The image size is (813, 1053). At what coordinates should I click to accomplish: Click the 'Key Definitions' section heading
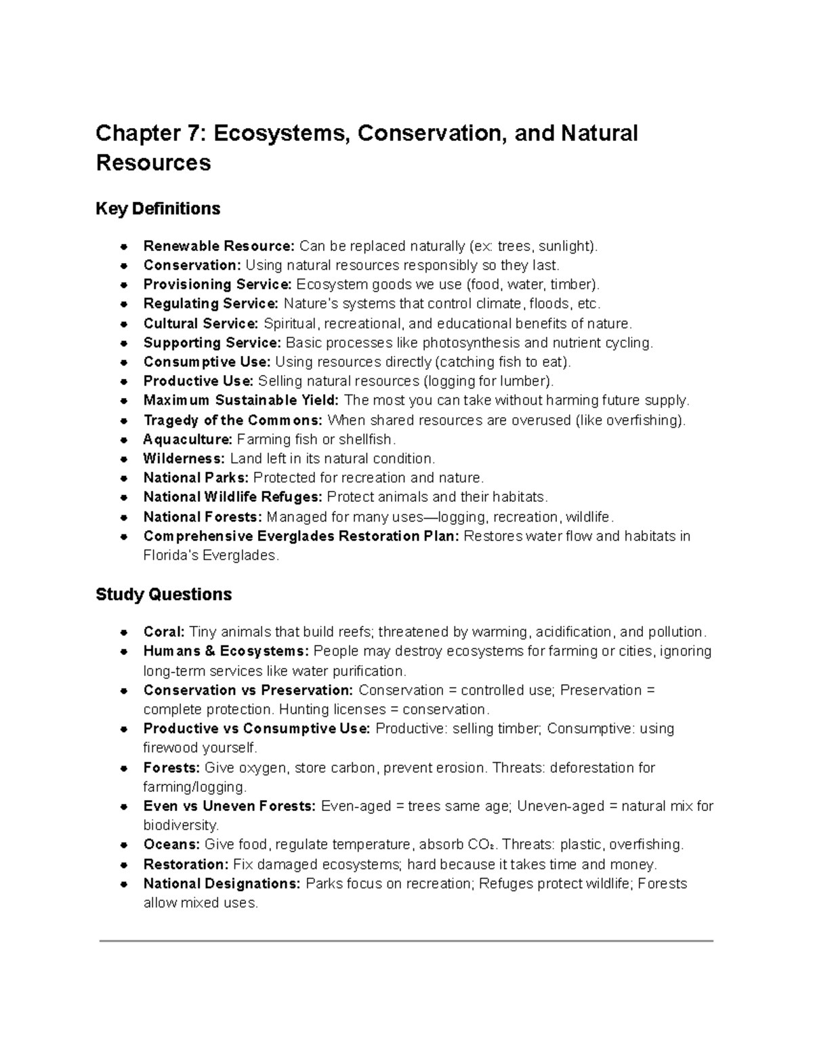(158, 209)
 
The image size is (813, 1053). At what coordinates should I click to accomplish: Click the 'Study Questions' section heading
(163, 595)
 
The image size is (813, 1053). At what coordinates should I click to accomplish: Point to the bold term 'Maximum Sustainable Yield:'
(241, 400)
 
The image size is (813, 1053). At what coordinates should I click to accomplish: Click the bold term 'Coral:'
(163, 632)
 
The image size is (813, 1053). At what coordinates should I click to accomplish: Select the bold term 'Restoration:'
(185, 865)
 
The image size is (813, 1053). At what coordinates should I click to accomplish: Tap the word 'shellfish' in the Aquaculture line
(365, 439)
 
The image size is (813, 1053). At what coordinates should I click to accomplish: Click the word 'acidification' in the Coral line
(574, 632)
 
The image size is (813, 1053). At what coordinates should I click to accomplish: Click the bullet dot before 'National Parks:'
(124, 478)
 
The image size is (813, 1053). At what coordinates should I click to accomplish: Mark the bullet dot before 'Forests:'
(124, 768)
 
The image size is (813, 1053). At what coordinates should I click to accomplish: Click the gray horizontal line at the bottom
(406, 941)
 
